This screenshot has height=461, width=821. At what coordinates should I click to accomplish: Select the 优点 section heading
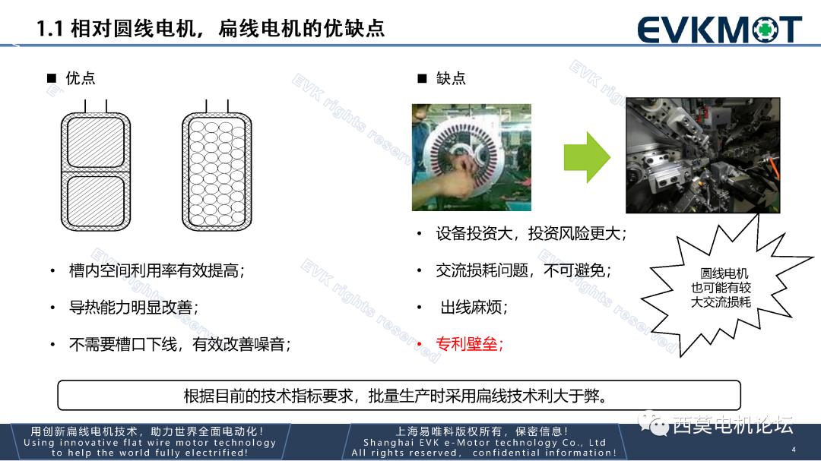click(x=80, y=78)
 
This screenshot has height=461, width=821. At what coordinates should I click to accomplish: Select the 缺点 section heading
click(x=451, y=78)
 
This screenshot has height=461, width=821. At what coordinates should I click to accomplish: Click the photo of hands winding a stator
click(x=471, y=157)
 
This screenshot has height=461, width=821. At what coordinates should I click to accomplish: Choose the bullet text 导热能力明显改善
click(x=134, y=308)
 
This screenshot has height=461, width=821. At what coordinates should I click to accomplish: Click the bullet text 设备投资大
click(x=531, y=234)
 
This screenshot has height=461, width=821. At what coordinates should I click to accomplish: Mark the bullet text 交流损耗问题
click(x=523, y=271)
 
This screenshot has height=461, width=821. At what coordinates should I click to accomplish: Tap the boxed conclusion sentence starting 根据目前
click(x=399, y=396)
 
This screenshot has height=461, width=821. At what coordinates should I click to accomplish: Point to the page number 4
click(x=794, y=449)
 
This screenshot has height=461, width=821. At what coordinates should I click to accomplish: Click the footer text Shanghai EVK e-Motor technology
click(x=484, y=443)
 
